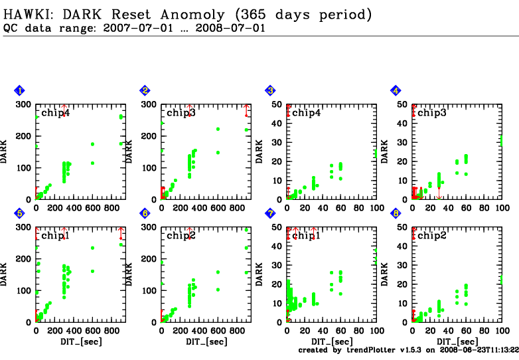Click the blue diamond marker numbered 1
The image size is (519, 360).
coord(19,90)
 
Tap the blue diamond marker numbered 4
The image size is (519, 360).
coord(396,90)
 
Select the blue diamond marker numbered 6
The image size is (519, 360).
coord(145,213)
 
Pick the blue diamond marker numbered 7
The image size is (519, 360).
coord(270,213)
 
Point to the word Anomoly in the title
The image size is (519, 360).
coord(192,15)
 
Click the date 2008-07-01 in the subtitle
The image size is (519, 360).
coord(230,28)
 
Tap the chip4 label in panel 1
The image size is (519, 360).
coord(56,113)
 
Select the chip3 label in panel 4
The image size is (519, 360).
coord(431,113)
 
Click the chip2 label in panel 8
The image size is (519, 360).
coord(431,236)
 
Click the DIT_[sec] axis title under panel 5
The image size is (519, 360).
coord(81,341)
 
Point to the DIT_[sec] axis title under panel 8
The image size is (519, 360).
coord(457,341)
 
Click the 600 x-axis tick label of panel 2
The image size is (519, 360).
coord(218,208)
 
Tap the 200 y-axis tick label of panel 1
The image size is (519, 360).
coord(23,135)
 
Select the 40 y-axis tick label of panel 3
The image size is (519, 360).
coord(277,124)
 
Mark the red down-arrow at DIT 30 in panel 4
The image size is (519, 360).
coord(439,193)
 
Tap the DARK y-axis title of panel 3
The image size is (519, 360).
coord(259,151)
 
